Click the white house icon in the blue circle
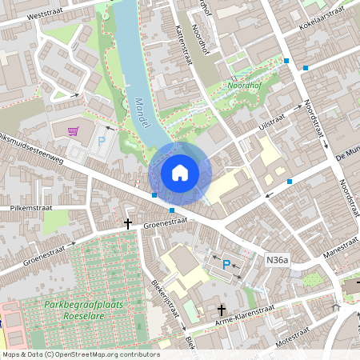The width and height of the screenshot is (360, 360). point(180,172)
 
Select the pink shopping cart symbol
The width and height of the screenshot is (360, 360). point(74,130)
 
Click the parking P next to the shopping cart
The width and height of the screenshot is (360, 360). point(102,141)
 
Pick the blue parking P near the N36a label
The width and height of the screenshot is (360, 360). point(226,264)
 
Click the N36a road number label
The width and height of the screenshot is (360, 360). point(277,260)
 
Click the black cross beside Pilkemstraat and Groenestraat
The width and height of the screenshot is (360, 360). point(128,225)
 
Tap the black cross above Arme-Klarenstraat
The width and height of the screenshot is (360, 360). point(222,310)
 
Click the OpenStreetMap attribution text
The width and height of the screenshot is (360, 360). point(80,354)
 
